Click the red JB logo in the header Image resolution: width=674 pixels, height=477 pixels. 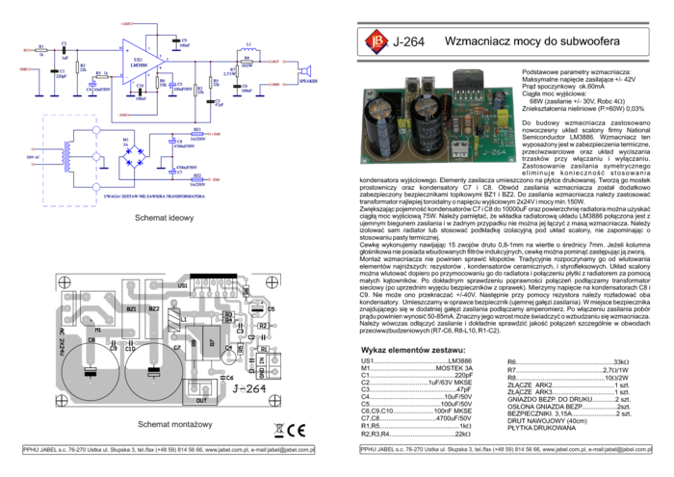[376, 41]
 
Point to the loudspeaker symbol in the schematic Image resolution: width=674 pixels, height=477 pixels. [307, 71]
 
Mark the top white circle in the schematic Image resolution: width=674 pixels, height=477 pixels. [95, 128]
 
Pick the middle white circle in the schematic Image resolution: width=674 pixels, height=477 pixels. [95, 156]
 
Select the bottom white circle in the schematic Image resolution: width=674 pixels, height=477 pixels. [95, 186]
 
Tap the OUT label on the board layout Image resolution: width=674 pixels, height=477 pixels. [201, 398]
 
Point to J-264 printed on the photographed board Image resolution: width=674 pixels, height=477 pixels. [492, 151]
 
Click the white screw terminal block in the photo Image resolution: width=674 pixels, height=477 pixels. [459, 147]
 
